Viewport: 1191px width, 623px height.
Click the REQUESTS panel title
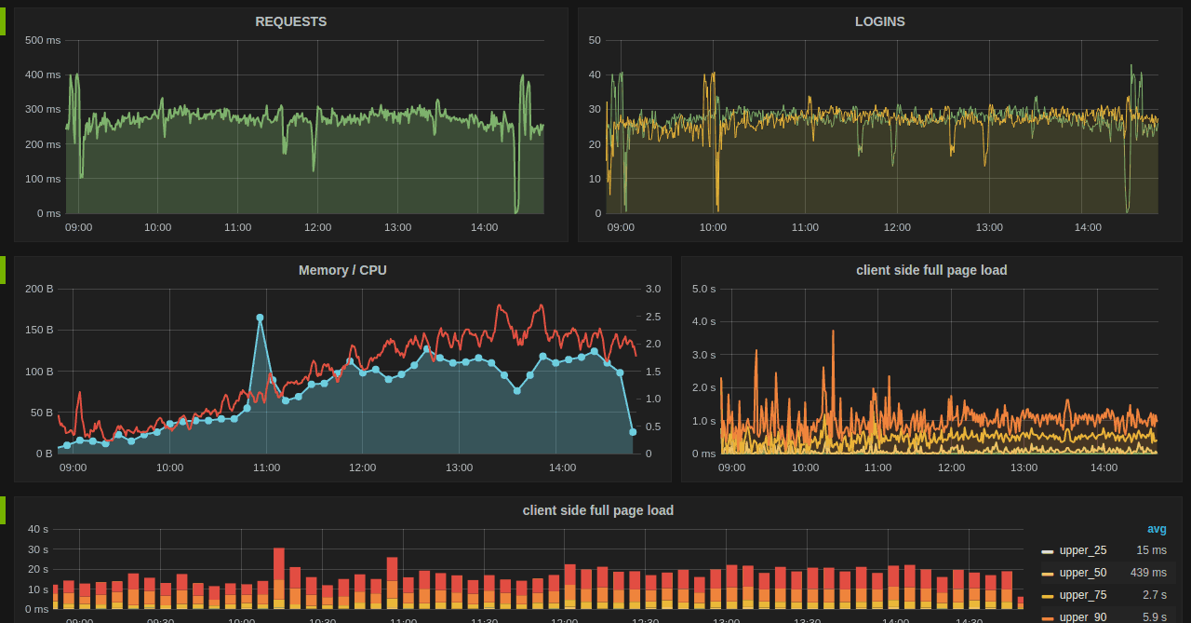tap(290, 21)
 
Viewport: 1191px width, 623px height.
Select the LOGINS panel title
tap(879, 21)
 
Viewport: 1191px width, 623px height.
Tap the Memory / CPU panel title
tap(342, 270)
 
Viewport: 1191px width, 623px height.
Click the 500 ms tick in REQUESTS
tap(43, 40)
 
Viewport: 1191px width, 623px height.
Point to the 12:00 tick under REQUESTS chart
tap(317, 227)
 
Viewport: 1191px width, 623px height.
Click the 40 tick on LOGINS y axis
tap(595, 74)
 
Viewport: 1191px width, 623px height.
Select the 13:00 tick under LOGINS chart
tap(989, 227)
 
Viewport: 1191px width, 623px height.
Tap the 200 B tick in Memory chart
tap(39, 289)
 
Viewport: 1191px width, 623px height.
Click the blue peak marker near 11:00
tap(260, 318)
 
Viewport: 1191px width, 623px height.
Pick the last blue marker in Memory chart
tap(633, 432)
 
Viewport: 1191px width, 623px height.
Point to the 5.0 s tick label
tap(704, 289)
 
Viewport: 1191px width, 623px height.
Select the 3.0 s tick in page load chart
tap(704, 355)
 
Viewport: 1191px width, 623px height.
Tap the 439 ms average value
tap(1148, 573)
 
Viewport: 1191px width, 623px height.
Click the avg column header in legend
tap(1157, 529)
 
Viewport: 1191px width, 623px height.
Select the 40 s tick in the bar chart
tap(38, 529)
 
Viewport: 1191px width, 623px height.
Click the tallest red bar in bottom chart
tap(279, 563)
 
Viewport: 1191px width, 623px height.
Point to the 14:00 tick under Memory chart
tap(562, 467)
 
